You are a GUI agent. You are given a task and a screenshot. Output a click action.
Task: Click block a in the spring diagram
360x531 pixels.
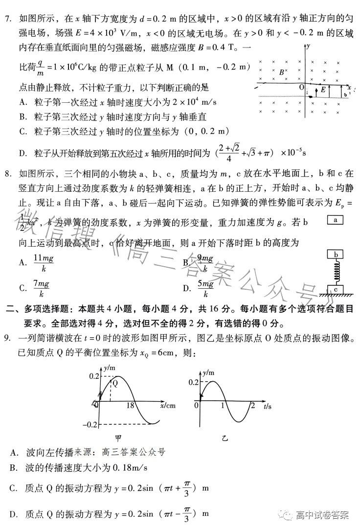[x=335, y=220]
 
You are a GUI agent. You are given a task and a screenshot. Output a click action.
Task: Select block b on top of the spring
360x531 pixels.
[x=336, y=255]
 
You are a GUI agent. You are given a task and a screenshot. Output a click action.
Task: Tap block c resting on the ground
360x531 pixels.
[x=336, y=289]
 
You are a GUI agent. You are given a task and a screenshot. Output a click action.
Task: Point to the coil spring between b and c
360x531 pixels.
[x=336, y=272]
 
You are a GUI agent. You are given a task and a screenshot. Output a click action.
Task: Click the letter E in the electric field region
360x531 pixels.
[x=323, y=90]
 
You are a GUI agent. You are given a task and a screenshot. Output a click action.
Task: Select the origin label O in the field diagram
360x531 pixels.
[x=302, y=87]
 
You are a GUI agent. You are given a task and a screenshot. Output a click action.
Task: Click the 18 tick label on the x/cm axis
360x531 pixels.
[x=131, y=405]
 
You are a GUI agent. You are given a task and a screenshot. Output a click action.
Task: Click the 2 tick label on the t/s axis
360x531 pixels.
[x=252, y=405]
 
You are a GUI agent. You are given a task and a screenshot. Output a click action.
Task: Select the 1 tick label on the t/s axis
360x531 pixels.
[x=223, y=405]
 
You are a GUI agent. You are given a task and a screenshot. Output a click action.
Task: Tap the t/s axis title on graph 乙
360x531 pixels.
[x=267, y=406]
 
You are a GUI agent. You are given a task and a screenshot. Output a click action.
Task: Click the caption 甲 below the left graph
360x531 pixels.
[x=118, y=438]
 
